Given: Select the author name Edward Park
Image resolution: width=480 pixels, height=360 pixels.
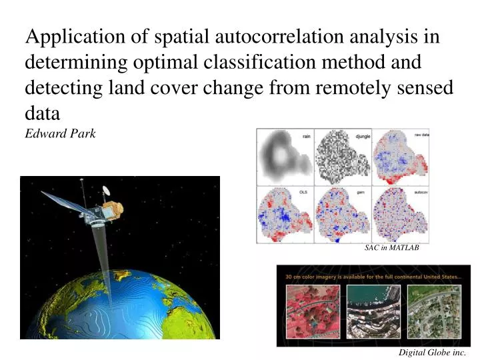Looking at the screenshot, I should click(x=61, y=133).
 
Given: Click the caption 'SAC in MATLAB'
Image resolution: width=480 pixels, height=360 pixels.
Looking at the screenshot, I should click(x=392, y=247).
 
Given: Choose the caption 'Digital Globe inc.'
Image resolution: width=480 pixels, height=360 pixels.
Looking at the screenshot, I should click(x=433, y=352).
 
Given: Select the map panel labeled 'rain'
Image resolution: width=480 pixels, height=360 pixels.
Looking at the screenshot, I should click(x=285, y=157).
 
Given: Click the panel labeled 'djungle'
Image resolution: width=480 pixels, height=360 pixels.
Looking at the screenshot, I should click(x=343, y=157).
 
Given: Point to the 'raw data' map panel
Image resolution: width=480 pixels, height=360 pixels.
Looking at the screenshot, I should click(x=400, y=157).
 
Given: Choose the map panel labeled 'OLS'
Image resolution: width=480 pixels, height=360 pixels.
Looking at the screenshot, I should click(x=285, y=215).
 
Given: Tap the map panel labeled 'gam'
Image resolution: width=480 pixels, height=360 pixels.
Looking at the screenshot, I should click(x=343, y=215).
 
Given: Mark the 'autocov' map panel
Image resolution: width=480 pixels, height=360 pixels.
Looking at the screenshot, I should click(x=400, y=215).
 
